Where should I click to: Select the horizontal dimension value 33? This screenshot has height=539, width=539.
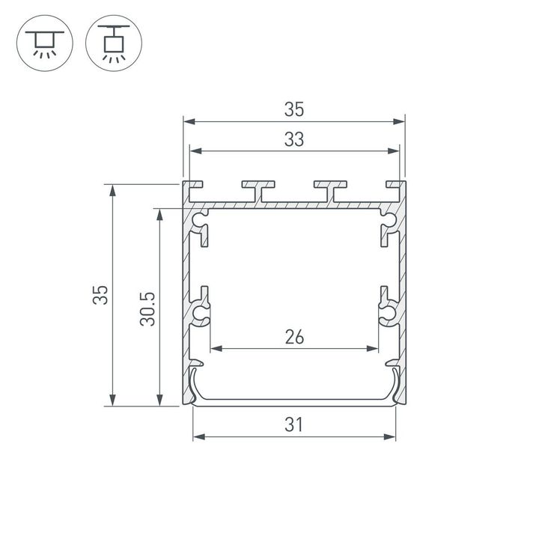click(293, 140)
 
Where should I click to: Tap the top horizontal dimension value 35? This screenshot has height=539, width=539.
click(293, 110)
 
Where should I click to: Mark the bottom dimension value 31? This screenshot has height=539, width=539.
click(293, 425)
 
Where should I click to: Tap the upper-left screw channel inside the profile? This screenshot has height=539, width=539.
click(201, 222)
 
